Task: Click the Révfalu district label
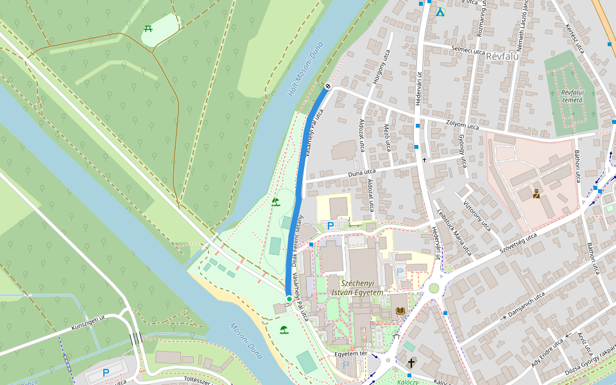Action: [x=502, y=56]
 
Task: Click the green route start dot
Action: [x=289, y=299]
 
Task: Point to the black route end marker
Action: [x=328, y=85]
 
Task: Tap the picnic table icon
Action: [x=148, y=28]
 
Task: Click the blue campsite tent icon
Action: [x=440, y=12]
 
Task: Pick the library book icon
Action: [x=400, y=311]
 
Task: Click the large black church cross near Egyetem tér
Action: [x=411, y=363]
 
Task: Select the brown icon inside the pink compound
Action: [x=536, y=194]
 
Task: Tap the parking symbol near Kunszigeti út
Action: [x=106, y=372]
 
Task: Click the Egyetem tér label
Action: [x=350, y=354]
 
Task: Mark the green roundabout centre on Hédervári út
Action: [x=434, y=287]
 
